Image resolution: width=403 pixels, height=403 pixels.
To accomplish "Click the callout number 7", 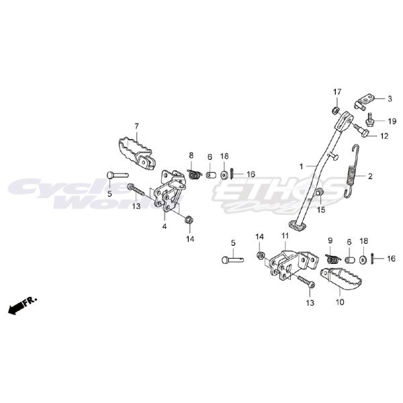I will point(136,126).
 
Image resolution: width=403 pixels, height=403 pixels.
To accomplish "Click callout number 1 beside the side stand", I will point(302,165).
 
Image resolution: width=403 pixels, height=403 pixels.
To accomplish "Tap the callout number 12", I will point(384,136).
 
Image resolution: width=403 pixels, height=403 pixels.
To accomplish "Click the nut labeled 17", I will point(334,109).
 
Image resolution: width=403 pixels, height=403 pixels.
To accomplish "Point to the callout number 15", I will point(321,210).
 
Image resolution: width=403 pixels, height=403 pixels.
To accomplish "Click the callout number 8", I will point(190,155).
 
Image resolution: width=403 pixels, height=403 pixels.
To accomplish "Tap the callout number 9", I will point(330,240).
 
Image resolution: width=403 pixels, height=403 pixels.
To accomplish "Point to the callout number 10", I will point(339,303).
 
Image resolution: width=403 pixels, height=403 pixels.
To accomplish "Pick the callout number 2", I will point(369,177).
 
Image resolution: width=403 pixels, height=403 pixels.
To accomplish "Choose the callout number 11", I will point(285,236).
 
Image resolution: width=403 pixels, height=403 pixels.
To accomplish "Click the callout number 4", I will point(164,226).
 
